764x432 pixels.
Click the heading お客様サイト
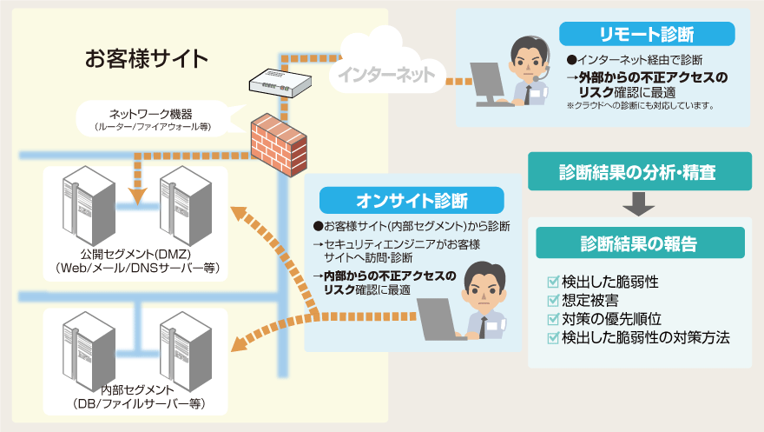click(x=147, y=58)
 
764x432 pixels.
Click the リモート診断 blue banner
click(x=647, y=35)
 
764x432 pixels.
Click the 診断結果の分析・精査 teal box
click(x=640, y=171)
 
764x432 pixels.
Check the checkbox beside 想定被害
click(x=551, y=301)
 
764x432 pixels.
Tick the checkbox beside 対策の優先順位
click(x=551, y=319)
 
